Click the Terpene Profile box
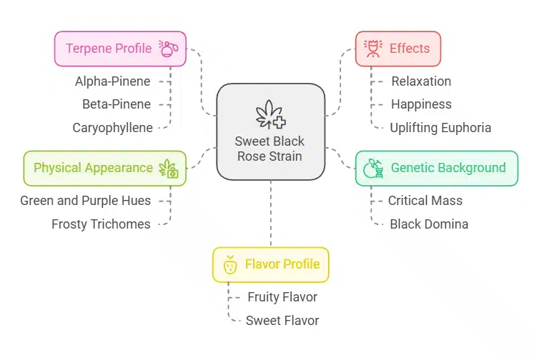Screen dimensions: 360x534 coord(120,49)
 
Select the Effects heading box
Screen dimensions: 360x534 coord(398,49)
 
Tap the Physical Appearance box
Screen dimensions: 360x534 coord(105,168)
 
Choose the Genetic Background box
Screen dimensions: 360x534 coord(436,168)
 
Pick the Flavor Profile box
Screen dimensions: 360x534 coord(270,264)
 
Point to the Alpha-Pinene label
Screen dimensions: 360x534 coord(113,81)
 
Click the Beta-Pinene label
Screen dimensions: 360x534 coord(117,104)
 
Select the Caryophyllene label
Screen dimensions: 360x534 coord(112,128)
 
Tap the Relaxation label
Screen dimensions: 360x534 coord(420,81)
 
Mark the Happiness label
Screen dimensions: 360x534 coord(421,104)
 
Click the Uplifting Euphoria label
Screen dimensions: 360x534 coord(440,128)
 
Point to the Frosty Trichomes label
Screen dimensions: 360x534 coord(101,224)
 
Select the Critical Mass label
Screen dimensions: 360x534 coord(425,201)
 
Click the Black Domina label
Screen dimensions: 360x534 coord(429,224)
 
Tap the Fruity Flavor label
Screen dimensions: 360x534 coord(282,297)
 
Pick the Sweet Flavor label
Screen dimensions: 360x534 coord(282,321)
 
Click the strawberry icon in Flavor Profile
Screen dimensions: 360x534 coord(230,264)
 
